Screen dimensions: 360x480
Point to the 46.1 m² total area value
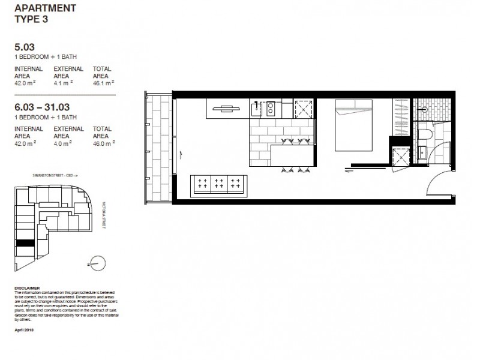pyautogui.click(x=102, y=83)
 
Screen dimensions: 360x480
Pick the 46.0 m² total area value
pyautogui.click(x=102, y=142)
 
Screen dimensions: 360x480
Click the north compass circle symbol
pyautogui.click(x=98, y=262)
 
